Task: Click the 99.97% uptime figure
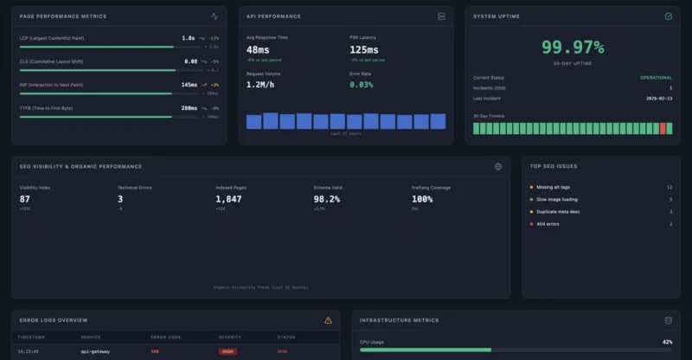pyautogui.click(x=573, y=48)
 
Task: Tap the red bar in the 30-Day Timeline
pyautogui.click(x=663, y=128)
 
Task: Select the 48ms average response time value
pyautogui.click(x=258, y=50)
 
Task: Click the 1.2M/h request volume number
pyautogui.click(x=261, y=85)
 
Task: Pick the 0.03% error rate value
pyautogui.click(x=362, y=85)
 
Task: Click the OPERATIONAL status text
pyautogui.click(x=656, y=78)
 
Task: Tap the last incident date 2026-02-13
pyautogui.click(x=658, y=98)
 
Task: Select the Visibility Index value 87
pyautogui.click(x=24, y=199)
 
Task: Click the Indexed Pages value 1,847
pyautogui.click(x=228, y=199)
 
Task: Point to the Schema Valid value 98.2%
pyautogui.click(x=326, y=199)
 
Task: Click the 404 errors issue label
pyautogui.click(x=548, y=224)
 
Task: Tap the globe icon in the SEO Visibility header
pyautogui.click(x=498, y=166)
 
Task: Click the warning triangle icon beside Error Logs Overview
pyautogui.click(x=328, y=320)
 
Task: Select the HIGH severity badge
pyautogui.click(x=228, y=351)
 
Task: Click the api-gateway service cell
pyautogui.click(x=95, y=351)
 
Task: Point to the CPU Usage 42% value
pyautogui.click(x=667, y=342)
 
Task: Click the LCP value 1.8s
pyautogui.click(x=189, y=38)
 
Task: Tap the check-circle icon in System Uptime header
pyautogui.click(x=668, y=16)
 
